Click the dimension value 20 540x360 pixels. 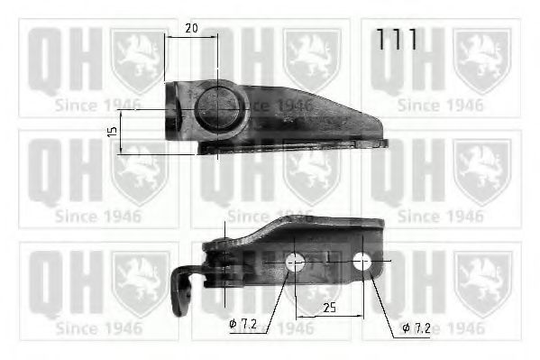(x=190, y=28)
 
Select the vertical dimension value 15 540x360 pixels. (x=112, y=131)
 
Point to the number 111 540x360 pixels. (x=396, y=40)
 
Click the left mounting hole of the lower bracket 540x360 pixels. (x=294, y=263)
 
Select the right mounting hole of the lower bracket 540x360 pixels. (x=362, y=262)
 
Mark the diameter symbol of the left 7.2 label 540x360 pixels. (x=233, y=323)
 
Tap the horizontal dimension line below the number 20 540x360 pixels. (x=190, y=38)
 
